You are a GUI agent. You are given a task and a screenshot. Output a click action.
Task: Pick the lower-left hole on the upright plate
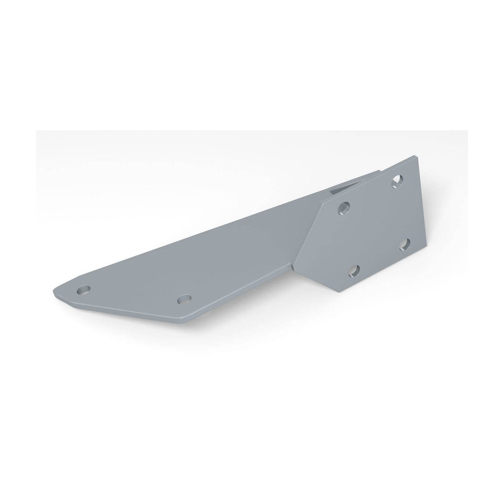355,271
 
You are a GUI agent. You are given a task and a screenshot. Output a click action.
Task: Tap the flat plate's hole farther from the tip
184,299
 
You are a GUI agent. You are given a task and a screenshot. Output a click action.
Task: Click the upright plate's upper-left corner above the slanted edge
324,204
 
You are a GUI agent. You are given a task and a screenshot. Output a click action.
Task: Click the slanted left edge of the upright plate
308,234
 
